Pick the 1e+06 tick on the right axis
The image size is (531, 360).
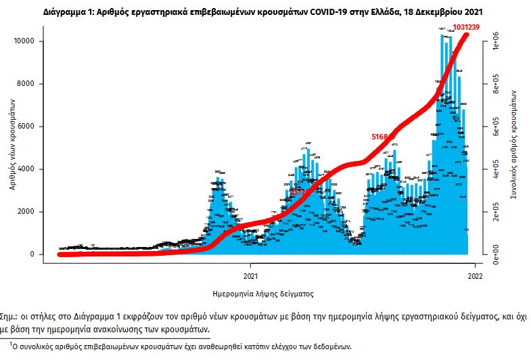[x=496, y=41]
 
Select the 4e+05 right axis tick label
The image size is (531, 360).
[x=496, y=174]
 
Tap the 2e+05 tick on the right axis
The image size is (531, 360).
[x=496, y=217]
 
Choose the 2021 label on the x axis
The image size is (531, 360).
[x=250, y=276]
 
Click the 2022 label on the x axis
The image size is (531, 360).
[x=475, y=276]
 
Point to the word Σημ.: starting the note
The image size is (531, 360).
[x=12, y=317]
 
